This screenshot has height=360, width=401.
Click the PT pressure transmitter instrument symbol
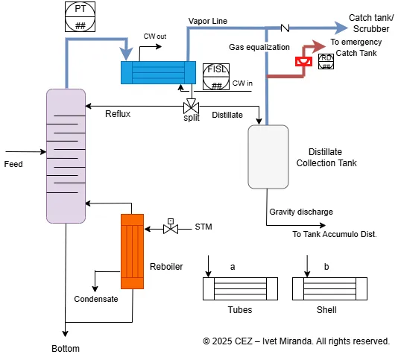click(x=80, y=16)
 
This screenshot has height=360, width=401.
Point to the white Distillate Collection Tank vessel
click(x=268, y=156)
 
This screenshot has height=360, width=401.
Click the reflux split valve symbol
click(x=191, y=104)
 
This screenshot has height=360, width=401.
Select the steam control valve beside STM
click(x=171, y=228)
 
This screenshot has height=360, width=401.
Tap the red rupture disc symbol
click(x=303, y=62)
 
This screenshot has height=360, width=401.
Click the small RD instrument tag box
click(x=326, y=61)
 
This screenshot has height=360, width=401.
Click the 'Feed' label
click(x=13, y=163)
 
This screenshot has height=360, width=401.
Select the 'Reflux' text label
click(x=119, y=114)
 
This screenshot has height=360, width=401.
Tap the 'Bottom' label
click(x=65, y=349)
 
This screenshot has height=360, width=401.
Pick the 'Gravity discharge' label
click(x=301, y=212)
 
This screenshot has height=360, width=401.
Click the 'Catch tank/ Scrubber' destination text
click(x=370, y=22)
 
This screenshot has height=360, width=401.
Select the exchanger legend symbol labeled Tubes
click(x=239, y=288)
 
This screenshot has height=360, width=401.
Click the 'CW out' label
click(x=156, y=36)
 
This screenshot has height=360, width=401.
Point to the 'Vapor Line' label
click(x=208, y=21)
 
